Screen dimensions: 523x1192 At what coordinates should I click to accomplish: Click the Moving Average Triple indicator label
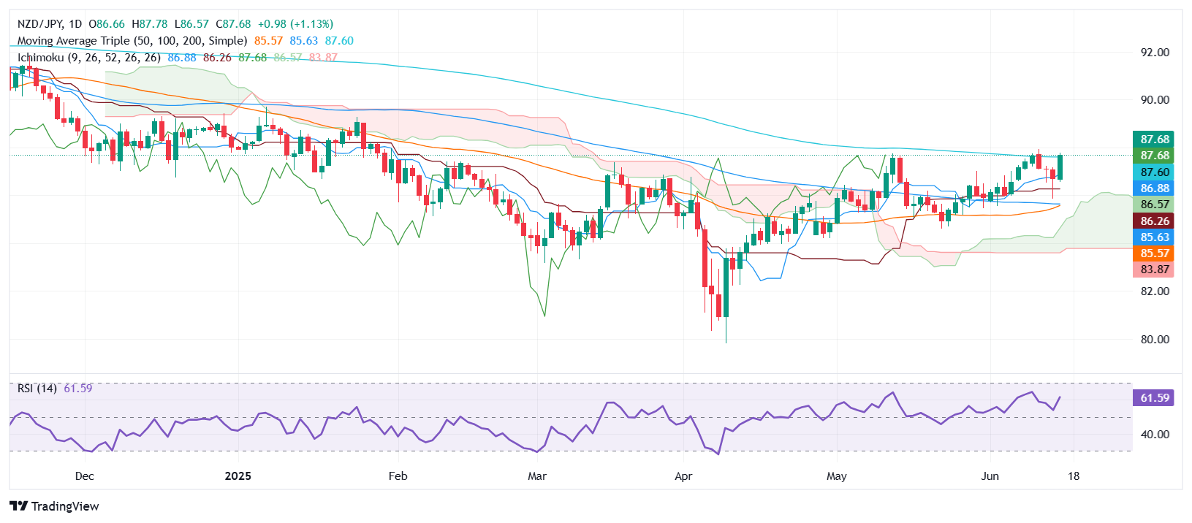(x=132, y=41)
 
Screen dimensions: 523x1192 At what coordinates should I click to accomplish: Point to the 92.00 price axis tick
(x=1155, y=53)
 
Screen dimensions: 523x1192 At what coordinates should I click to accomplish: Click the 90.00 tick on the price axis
(x=1155, y=100)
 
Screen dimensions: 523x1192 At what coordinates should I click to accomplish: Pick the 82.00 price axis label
(x=1155, y=291)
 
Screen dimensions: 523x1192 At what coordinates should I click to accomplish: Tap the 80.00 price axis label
(x=1155, y=340)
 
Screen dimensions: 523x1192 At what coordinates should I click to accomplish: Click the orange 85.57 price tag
(x=1154, y=253)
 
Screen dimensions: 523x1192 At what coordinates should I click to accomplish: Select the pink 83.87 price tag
(x=1154, y=270)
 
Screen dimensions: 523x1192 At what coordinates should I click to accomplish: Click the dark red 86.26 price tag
(x=1154, y=221)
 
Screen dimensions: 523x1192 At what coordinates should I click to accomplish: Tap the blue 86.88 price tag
(x=1154, y=188)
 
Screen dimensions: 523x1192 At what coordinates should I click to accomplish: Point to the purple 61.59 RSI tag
(x=1154, y=398)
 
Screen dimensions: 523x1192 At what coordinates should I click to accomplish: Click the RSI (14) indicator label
(x=37, y=389)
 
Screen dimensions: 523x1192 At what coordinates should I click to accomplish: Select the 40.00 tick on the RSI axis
(x=1155, y=435)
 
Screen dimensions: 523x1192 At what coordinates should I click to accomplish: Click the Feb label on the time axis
(x=398, y=476)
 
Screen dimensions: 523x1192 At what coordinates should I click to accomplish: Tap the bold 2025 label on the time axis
(x=238, y=476)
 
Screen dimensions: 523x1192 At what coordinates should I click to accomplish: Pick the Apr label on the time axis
(x=683, y=476)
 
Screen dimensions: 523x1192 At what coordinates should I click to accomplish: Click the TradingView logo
(x=55, y=506)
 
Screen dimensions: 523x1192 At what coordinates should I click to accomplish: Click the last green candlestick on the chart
(x=1060, y=167)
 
